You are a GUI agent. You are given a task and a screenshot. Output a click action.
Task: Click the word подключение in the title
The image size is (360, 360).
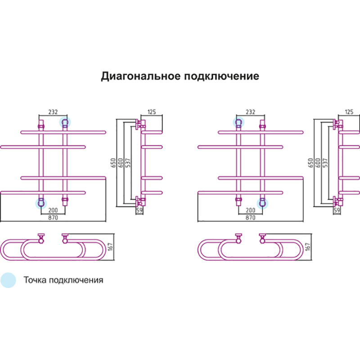222,76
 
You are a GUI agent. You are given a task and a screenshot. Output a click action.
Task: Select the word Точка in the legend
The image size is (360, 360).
34,280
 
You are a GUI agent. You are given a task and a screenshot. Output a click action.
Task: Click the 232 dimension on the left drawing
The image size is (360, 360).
53,112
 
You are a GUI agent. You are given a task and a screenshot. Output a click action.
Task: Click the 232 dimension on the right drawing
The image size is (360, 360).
250,112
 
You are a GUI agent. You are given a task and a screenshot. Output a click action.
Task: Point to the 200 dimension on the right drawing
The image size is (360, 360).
250,210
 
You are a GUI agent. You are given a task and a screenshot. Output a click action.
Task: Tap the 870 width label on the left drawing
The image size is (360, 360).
54,217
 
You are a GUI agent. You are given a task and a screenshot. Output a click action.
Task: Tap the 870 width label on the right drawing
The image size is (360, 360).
250,217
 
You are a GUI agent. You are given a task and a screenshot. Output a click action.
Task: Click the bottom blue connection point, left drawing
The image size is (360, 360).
41,203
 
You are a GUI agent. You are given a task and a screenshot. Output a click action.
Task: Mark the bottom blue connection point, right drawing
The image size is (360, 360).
262,203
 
